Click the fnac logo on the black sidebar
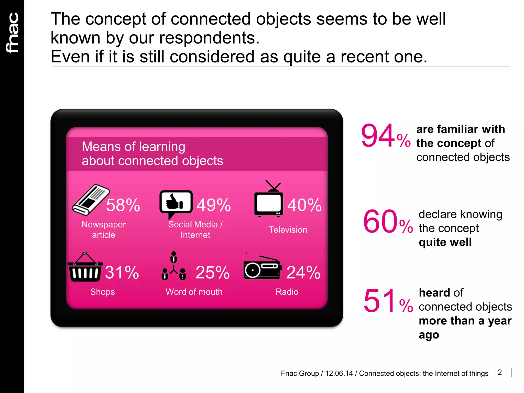point(12,33)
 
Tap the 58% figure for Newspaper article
point(123,205)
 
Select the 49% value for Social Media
point(214,205)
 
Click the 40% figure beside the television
point(304,205)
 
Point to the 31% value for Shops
point(122,272)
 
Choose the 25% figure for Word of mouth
point(213,272)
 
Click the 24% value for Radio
point(303,272)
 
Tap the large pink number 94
point(378,136)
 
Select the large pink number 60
point(380,222)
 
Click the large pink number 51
point(380,301)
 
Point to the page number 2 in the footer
point(500,372)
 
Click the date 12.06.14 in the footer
point(339,374)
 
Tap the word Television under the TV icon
point(288,230)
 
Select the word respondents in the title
point(209,38)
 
